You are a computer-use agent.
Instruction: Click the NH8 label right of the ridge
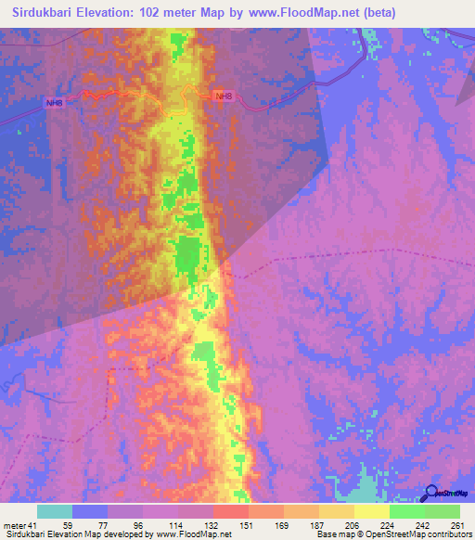click(221, 96)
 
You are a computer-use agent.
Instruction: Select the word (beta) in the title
click(379, 13)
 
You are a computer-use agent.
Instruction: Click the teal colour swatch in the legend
click(55, 511)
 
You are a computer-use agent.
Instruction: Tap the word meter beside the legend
click(14, 524)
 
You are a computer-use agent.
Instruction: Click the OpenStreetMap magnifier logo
click(431, 493)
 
